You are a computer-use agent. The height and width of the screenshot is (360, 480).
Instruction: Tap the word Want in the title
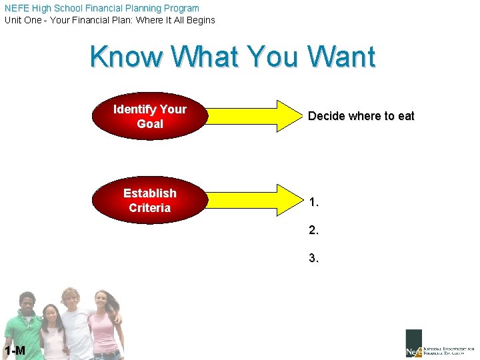tap(341, 57)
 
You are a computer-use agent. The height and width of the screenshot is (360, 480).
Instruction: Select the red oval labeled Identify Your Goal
tap(149, 116)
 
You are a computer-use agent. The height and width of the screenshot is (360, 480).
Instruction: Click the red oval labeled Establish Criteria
tap(149, 200)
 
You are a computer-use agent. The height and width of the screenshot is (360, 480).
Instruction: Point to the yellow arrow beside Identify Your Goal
tap(253, 116)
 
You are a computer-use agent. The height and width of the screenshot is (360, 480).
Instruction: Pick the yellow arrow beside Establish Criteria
tap(253, 200)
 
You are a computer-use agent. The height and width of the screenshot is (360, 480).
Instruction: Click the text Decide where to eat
tap(361, 116)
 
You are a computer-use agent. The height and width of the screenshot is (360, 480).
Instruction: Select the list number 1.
tap(313, 202)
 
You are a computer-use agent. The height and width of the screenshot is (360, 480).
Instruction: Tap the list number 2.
tap(313, 230)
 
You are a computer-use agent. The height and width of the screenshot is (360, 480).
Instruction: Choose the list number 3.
tap(313, 258)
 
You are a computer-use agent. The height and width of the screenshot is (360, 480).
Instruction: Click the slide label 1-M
tap(14, 351)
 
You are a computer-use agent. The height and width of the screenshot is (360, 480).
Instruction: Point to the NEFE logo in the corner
tap(439, 343)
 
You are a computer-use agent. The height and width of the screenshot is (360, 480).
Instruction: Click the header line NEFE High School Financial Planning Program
tap(101, 8)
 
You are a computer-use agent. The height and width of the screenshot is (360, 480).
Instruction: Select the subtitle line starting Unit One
tap(110, 20)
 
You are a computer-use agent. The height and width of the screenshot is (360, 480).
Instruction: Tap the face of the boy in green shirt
tap(27, 304)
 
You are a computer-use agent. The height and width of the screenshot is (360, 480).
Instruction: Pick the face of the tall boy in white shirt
tap(71, 300)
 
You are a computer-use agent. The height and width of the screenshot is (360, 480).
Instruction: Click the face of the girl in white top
tap(51, 316)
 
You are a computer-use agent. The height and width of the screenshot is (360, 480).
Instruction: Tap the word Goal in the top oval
tap(149, 124)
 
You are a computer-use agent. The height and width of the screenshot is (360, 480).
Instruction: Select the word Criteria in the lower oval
tap(149, 208)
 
